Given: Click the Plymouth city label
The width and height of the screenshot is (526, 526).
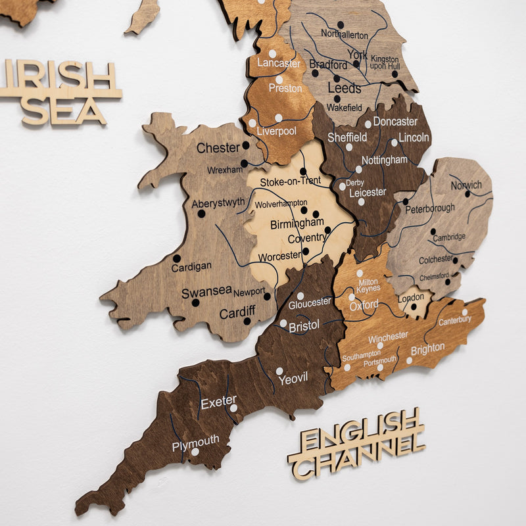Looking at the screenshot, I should click(x=195, y=442).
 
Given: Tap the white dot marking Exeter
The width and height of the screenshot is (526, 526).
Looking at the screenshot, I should click(x=233, y=408).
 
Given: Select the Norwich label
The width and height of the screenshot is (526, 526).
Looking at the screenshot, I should click(x=466, y=185).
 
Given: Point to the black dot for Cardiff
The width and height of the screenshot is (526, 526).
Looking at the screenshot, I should click(x=247, y=322).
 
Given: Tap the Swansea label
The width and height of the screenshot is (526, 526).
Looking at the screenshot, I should click(x=206, y=291).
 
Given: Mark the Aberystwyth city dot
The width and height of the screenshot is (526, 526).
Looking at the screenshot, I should click(x=201, y=214).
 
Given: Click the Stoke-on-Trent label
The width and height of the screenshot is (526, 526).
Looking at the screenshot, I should click(x=290, y=181).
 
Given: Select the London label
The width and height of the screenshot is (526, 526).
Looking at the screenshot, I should click(x=412, y=297).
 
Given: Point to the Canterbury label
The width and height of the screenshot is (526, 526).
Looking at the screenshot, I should click(x=455, y=320).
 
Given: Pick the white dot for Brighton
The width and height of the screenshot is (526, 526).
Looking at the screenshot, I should click(x=409, y=360).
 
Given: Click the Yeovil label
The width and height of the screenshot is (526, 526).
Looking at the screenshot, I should click(x=293, y=379).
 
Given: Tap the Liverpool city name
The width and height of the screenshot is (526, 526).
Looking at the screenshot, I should click(x=277, y=131).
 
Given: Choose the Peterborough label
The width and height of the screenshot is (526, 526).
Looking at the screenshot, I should click(x=430, y=208).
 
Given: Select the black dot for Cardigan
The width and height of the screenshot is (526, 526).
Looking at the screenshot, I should click(x=177, y=258).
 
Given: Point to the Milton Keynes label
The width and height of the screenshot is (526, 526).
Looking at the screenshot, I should click(x=368, y=285).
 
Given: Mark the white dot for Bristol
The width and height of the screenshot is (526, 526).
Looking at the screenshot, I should click(x=283, y=323).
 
